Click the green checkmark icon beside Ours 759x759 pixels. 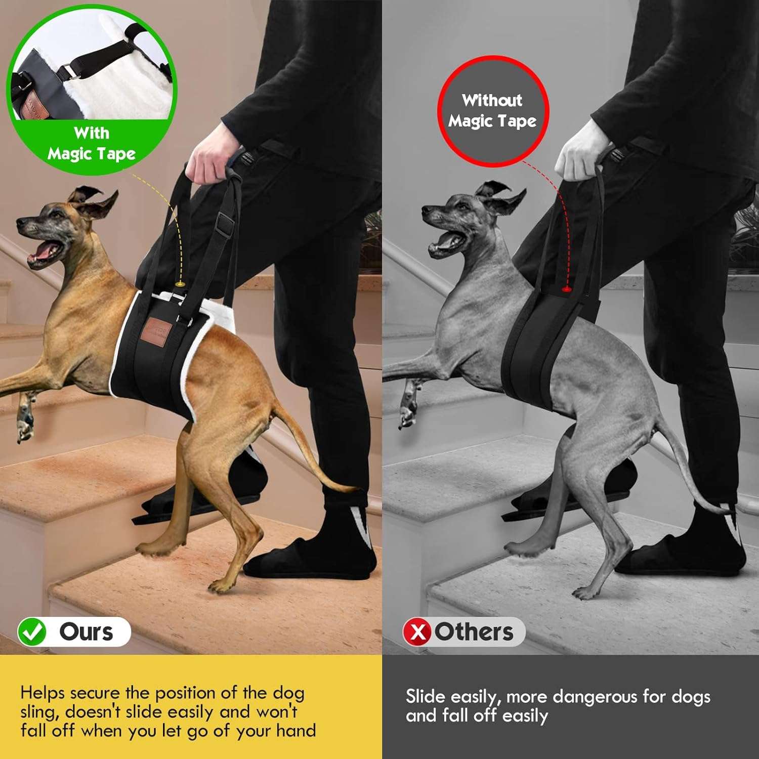click(32, 632)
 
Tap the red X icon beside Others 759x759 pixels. click(417, 632)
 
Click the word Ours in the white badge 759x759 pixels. click(86, 632)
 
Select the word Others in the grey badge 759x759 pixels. click(474, 632)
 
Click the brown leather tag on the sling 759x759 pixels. click(158, 330)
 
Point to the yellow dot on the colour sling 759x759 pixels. click(179, 285)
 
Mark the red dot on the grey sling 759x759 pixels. click(566, 289)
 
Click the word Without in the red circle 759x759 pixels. click(492, 100)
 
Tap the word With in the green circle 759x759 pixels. click(91, 133)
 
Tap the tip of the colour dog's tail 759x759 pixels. click(354, 489)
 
